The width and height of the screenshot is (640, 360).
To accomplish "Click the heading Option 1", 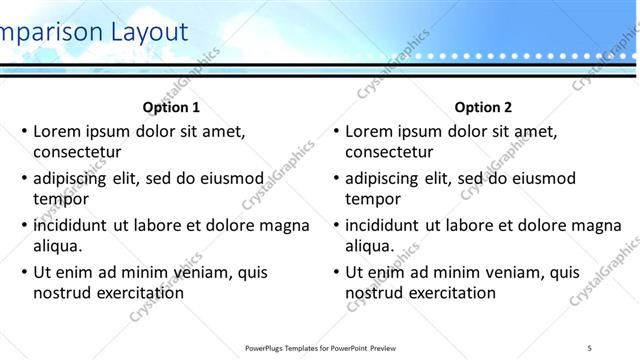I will pyautogui.click(x=172, y=107).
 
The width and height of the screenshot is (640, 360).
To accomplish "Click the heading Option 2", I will pyautogui.click(x=483, y=107).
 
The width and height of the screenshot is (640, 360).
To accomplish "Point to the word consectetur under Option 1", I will pyautogui.click(x=77, y=153).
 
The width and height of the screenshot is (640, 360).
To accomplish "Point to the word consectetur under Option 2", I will pyautogui.click(x=389, y=153).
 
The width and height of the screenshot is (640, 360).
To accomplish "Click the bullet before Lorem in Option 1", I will pyautogui.click(x=25, y=131).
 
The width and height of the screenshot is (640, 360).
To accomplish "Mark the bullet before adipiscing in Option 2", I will pyautogui.click(x=337, y=178).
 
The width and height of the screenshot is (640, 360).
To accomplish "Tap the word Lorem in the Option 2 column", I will pyautogui.click(x=369, y=131).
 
